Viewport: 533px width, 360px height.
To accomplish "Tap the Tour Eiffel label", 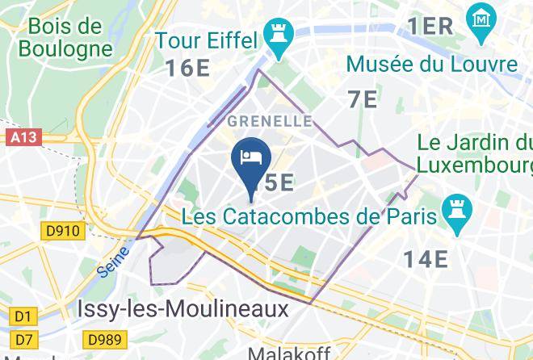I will click(x=206, y=40).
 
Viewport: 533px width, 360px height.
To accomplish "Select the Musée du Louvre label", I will click(x=431, y=64).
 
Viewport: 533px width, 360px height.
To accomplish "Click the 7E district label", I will click(x=363, y=99).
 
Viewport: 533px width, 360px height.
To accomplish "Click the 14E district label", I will click(x=426, y=258).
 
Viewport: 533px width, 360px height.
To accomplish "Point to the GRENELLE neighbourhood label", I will click(x=270, y=121).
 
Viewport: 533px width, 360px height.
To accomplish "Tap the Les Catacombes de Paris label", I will click(x=309, y=216).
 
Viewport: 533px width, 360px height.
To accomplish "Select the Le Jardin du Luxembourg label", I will click(x=476, y=156).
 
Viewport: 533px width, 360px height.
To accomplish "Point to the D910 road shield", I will click(x=62, y=232).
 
